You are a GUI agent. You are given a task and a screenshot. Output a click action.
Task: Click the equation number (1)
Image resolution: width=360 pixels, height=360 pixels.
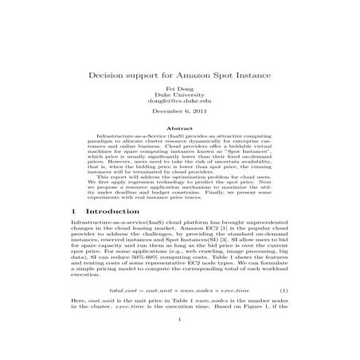284,292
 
